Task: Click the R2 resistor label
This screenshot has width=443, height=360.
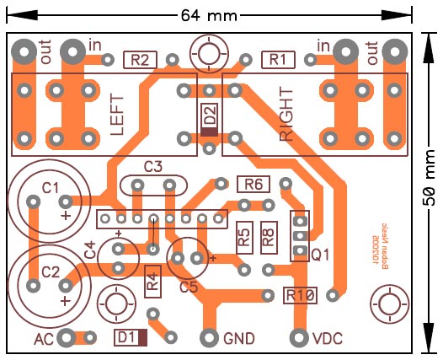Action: (141, 59)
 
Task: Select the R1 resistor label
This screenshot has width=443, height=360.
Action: (278, 59)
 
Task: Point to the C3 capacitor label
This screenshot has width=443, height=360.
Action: (153, 166)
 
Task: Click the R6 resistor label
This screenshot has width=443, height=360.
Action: (254, 184)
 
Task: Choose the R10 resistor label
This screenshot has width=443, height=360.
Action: (300, 295)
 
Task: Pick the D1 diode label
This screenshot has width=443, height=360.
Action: (127, 338)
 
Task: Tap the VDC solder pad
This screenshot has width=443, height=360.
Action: (298, 338)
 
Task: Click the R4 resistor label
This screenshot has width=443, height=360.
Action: (152, 280)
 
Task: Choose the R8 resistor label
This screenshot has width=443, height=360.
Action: (269, 237)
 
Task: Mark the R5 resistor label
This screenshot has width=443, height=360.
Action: (243, 237)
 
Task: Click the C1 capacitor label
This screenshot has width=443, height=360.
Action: (51, 186)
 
